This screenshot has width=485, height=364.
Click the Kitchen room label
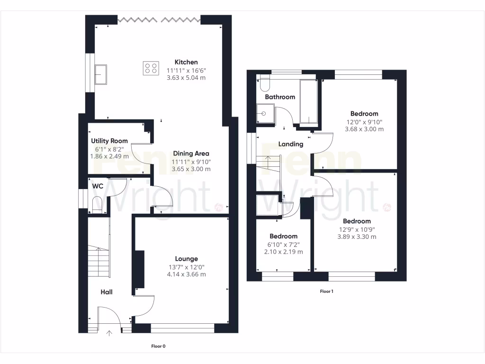click(x=186, y=62)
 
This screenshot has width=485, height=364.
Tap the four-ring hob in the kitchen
click(x=151, y=68)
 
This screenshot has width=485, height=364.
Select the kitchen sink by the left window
click(x=100, y=74)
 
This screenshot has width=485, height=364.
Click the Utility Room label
click(x=109, y=141)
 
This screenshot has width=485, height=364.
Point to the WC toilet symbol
click(x=97, y=205)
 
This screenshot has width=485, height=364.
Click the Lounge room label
click(x=186, y=259)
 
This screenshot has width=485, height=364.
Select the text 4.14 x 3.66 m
click(x=186, y=274)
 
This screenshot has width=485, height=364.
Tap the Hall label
click(x=106, y=292)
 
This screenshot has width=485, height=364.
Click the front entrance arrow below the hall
click(x=109, y=333)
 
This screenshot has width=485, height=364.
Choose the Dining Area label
click(x=191, y=153)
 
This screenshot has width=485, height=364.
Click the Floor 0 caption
click(x=158, y=346)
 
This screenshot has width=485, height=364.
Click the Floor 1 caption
click(x=326, y=291)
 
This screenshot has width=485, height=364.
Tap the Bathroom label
click(x=280, y=97)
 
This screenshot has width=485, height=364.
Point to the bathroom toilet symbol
click(x=264, y=84)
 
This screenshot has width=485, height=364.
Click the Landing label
click(x=290, y=144)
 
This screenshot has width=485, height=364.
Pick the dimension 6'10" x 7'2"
click(x=283, y=245)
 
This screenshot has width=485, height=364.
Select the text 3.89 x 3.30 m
click(x=357, y=237)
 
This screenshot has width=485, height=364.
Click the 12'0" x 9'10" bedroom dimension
click(x=364, y=121)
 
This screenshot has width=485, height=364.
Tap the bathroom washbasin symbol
click(x=265, y=114)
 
